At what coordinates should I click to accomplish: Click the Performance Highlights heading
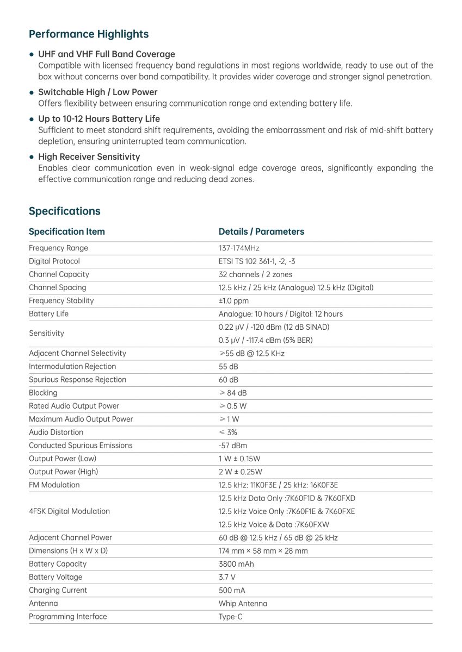point(88,34)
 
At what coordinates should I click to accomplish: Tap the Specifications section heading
point(64,211)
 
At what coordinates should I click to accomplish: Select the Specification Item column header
point(66,231)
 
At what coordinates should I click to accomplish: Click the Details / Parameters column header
point(261,231)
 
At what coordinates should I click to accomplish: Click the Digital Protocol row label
point(54,261)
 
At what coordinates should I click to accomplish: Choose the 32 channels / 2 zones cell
point(255,274)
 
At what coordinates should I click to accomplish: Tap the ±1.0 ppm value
point(233,300)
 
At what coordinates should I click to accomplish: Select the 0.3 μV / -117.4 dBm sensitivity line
point(266,340)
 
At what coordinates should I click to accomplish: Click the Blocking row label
point(43,393)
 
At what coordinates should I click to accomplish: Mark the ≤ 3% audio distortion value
point(227,432)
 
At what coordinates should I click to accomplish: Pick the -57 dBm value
point(232,446)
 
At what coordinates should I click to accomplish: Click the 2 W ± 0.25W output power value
point(240,472)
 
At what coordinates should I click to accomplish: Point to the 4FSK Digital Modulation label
point(69,511)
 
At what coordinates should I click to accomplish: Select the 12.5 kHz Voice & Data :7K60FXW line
point(274,524)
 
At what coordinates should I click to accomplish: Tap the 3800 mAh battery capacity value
point(236,564)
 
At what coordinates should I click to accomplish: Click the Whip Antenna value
point(243,604)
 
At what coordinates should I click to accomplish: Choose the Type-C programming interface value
point(230,617)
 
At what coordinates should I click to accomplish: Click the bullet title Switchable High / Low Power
point(97,92)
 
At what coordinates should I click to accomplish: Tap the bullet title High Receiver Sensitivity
point(89,157)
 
